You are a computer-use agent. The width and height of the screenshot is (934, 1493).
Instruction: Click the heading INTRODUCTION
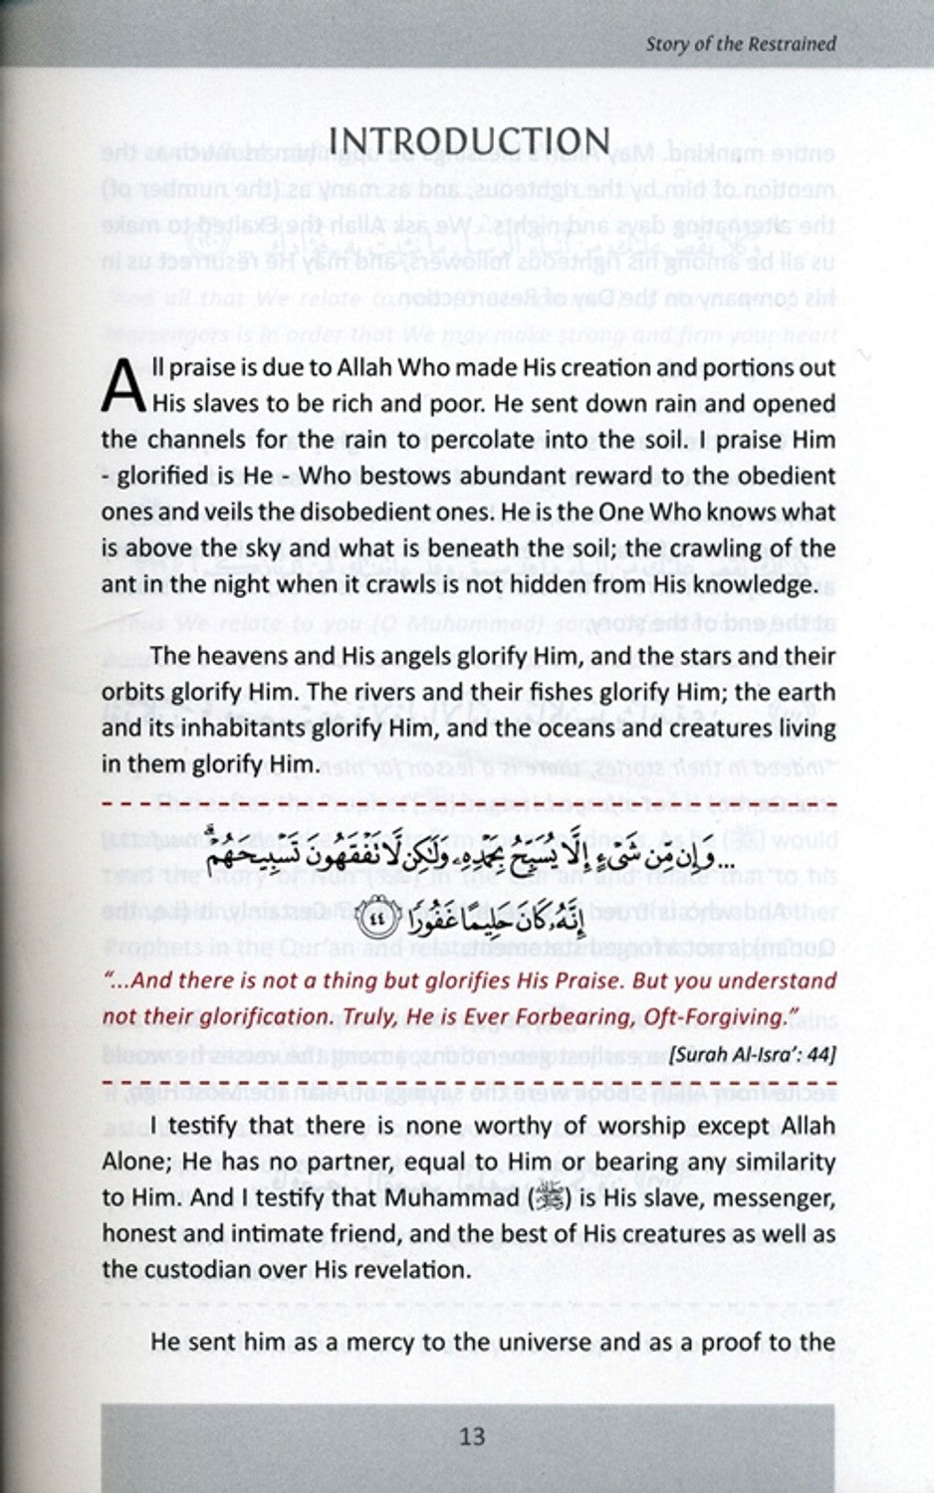[x=469, y=141]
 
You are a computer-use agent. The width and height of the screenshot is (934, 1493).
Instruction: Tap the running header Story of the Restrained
[x=740, y=44]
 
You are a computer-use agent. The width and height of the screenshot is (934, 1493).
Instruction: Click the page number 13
[x=471, y=1435]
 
